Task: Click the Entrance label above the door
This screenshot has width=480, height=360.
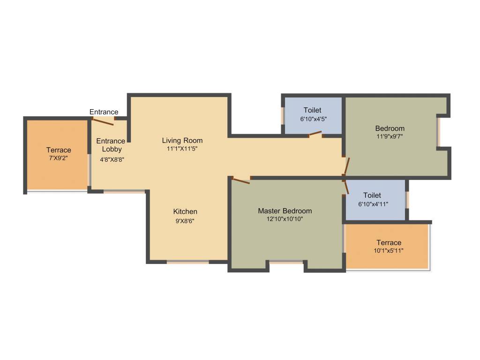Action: point(104,112)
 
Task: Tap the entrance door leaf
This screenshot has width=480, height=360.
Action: point(103,122)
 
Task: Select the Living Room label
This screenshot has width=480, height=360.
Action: point(182,140)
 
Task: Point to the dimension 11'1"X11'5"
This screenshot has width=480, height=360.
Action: point(182,149)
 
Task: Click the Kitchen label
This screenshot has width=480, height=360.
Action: point(185,211)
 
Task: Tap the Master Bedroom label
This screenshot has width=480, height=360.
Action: point(285,211)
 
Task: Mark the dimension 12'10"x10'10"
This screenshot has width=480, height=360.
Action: point(285,219)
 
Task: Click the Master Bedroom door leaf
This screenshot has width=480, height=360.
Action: point(241,180)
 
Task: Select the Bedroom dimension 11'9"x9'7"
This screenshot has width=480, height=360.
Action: point(390,137)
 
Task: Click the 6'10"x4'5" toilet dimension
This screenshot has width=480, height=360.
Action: point(313,119)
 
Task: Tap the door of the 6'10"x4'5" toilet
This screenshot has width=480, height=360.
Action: point(315,135)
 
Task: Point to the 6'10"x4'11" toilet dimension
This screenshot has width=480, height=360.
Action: point(373,204)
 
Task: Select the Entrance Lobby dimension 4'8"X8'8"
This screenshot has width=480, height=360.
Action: point(112,159)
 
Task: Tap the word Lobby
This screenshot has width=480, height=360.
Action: point(112,150)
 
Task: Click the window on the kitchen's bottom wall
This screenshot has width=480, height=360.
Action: point(187,262)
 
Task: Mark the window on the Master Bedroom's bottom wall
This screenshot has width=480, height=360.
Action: point(286,262)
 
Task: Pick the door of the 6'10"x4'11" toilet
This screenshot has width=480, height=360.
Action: point(346,187)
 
